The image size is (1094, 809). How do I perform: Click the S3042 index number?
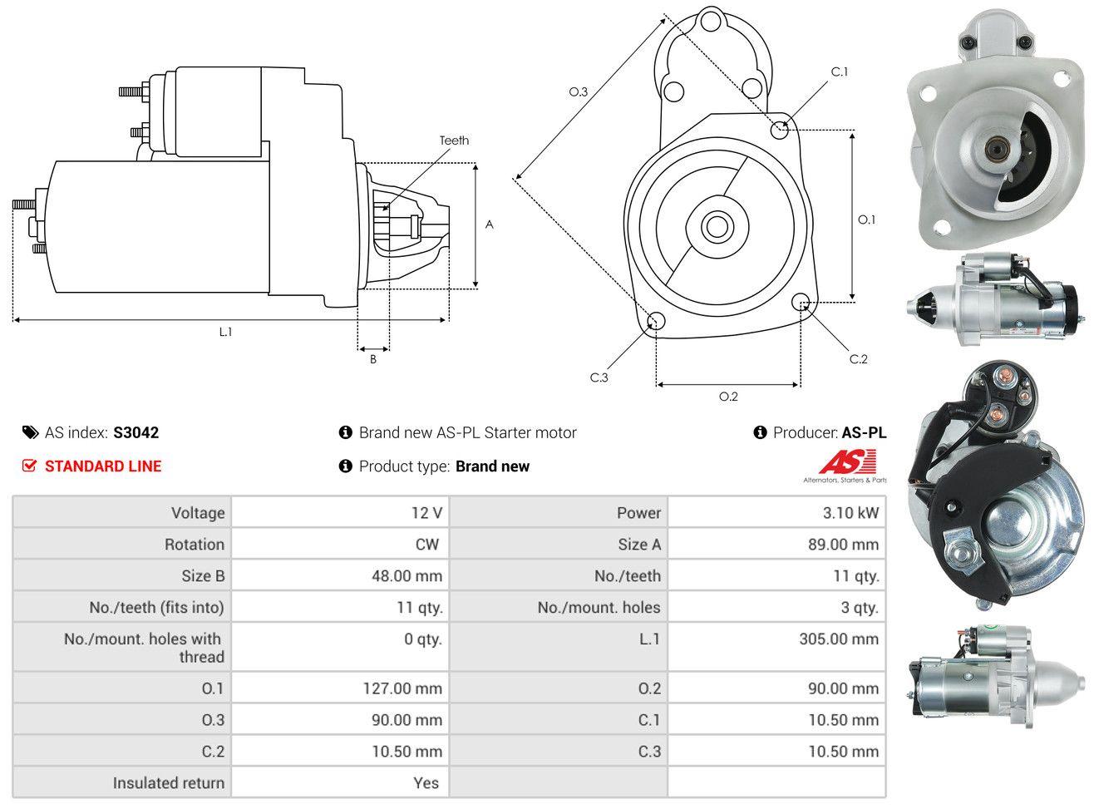point(136,432)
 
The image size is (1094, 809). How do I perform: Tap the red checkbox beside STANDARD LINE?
point(29,466)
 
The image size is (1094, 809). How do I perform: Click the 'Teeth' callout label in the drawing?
point(454,141)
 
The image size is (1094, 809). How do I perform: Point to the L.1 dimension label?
point(225,332)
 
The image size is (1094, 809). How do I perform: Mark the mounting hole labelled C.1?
point(780,130)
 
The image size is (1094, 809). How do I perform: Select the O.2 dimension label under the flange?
point(728,397)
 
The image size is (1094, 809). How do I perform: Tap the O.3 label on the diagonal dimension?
point(579,92)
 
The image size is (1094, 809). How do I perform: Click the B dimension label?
point(373,359)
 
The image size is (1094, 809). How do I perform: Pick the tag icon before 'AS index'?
point(30,432)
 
